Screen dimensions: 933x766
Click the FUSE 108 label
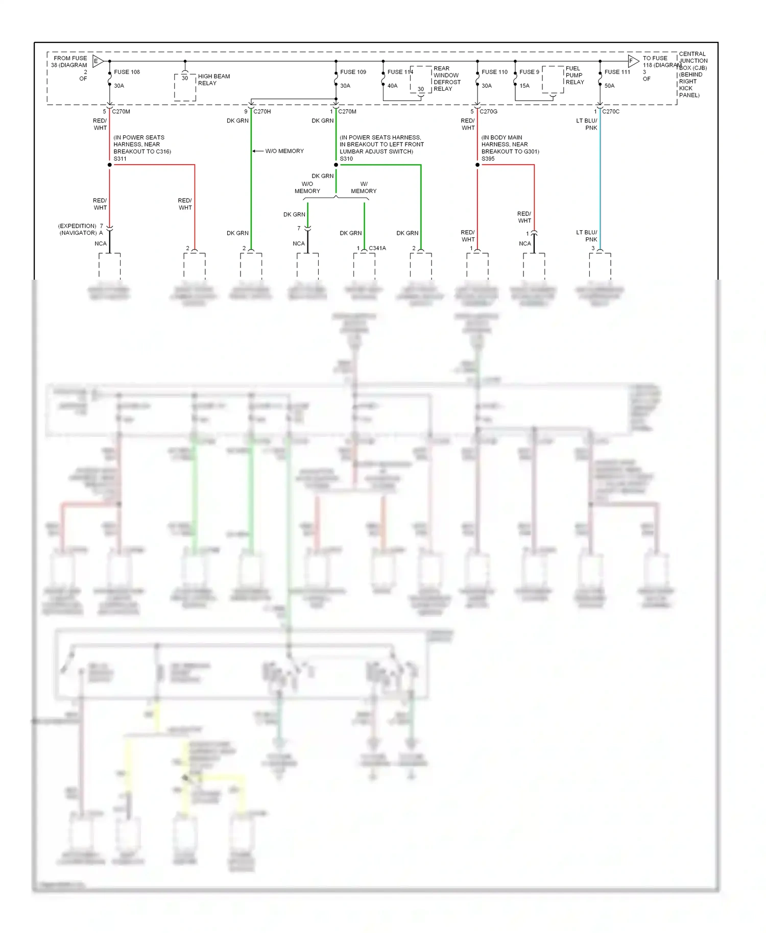[x=127, y=72]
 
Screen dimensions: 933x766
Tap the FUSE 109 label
[x=353, y=72]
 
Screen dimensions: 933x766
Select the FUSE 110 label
[x=494, y=72]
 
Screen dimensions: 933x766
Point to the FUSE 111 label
[x=617, y=72]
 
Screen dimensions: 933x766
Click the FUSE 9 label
[x=529, y=72]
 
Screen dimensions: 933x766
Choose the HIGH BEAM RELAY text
[x=213, y=80]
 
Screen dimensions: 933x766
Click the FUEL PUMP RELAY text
[x=574, y=75]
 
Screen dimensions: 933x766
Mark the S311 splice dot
[x=110, y=165]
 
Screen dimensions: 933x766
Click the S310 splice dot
[x=336, y=165]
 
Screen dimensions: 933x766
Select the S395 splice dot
[x=477, y=165]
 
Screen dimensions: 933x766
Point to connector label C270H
[x=262, y=111]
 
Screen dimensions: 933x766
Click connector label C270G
[x=488, y=111]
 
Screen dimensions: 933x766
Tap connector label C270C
[x=611, y=111]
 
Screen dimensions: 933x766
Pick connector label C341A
[x=377, y=248]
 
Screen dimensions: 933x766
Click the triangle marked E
[x=98, y=61]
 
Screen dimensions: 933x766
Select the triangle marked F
[x=633, y=61]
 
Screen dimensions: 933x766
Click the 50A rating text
[x=609, y=86]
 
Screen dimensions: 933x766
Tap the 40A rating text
[x=392, y=86]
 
